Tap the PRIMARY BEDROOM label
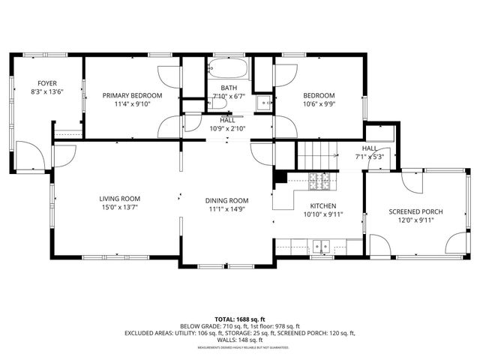pyautogui.click(x=132, y=95)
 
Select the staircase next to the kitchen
pyautogui.click(x=318, y=156)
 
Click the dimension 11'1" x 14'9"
pyautogui.click(x=226, y=210)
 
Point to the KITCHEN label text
pyautogui.click(x=323, y=205)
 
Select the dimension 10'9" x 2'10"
pyautogui.click(x=226, y=128)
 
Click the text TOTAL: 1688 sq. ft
pyautogui.click(x=239, y=319)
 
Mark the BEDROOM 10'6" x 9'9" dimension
pyautogui.click(x=319, y=105)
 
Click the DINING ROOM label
pyautogui.click(x=226, y=200)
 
